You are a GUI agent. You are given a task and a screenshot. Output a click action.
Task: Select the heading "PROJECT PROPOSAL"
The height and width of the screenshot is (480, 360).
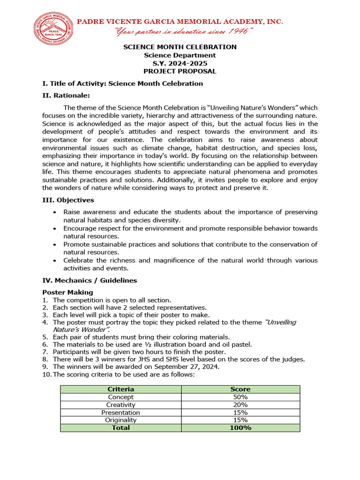[x=180, y=71]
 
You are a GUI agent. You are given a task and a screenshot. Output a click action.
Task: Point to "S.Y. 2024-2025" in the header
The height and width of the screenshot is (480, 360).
[x=180, y=63]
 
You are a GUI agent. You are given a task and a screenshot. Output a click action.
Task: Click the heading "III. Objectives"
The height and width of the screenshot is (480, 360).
[x=68, y=200]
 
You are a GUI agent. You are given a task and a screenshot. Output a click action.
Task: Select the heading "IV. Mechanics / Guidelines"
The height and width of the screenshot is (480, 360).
[x=90, y=280]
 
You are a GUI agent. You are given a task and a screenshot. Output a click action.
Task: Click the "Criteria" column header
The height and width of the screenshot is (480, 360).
[x=121, y=389]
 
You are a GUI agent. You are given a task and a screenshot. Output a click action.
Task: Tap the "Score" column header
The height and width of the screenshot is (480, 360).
[x=240, y=389]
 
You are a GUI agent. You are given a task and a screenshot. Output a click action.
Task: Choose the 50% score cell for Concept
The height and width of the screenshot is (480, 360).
[x=240, y=397]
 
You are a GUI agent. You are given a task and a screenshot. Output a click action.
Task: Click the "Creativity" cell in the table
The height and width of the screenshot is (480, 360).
[x=121, y=405]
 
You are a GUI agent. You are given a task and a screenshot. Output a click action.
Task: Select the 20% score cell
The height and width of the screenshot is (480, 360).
[x=240, y=405]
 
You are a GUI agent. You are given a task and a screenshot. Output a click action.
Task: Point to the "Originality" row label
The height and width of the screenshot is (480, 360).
[x=121, y=420]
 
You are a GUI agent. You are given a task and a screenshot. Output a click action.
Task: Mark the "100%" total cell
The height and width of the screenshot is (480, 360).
[x=240, y=428]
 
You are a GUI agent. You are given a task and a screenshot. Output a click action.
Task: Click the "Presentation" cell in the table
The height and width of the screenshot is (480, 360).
[x=121, y=412]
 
